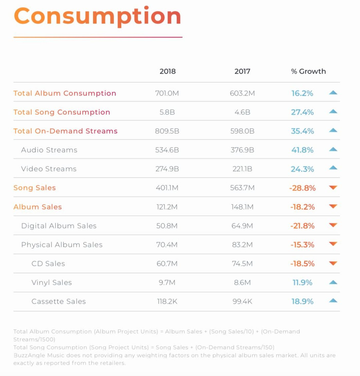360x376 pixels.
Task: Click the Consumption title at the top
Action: click(97, 16)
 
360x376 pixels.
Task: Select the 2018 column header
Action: click(167, 71)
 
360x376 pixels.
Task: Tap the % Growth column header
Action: click(308, 71)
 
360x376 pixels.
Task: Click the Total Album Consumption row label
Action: click(65, 93)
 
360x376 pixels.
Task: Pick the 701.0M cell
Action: click(167, 93)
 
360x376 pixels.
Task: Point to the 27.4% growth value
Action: click(302, 112)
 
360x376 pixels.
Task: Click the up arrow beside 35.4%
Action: click(333, 130)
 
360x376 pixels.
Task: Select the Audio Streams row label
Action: click(49, 150)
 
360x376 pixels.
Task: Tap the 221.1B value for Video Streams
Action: click(242, 169)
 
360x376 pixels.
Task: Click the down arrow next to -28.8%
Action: click(333, 188)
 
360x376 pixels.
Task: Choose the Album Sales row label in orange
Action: click(38, 207)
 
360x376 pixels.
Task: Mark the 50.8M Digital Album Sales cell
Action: click(167, 226)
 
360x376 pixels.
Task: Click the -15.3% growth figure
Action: click(302, 245)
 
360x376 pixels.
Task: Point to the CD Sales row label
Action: click(48, 264)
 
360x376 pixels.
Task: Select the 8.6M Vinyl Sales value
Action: click(242, 283)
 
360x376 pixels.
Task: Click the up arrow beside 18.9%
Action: click(333, 301)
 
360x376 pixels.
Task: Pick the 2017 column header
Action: click(242, 71)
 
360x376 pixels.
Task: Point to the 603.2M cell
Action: click(242, 93)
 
